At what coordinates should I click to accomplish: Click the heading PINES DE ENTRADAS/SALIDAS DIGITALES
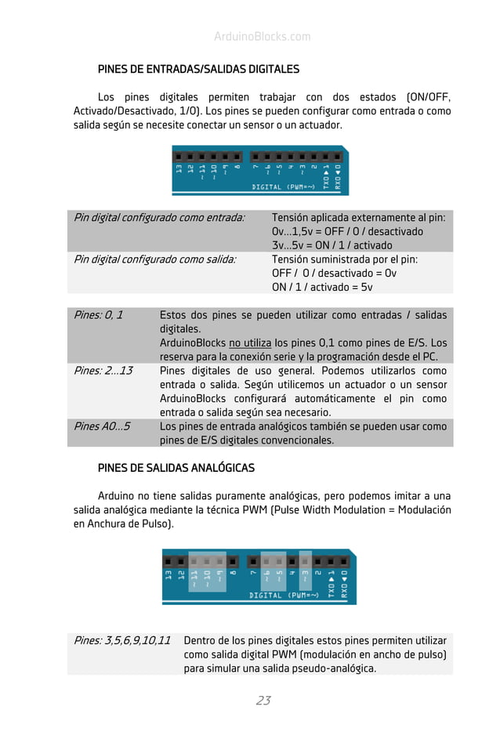(x=198, y=69)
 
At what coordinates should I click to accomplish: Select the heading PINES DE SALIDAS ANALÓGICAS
(x=176, y=468)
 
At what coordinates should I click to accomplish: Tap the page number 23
(x=263, y=701)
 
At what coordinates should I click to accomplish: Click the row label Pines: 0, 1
(x=98, y=315)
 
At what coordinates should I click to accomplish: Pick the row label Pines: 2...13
(x=103, y=371)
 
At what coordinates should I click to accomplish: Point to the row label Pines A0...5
(x=102, y=426)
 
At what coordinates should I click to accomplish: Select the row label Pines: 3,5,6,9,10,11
(x=121, y=640)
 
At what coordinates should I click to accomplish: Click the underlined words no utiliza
(x=250, y=343)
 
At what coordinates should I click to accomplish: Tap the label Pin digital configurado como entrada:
(x=159, y=217)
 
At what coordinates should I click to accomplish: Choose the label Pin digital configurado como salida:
(x=154, y=259)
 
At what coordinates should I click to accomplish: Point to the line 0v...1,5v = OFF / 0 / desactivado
(x=347, y=231)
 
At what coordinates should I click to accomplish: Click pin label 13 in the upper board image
(x=179, y=169)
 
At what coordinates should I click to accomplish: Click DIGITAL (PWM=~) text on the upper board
(x=283, y=187)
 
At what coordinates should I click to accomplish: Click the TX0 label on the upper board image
(x=327, y=173)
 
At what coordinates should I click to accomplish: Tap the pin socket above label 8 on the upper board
(x=236, y=156)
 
